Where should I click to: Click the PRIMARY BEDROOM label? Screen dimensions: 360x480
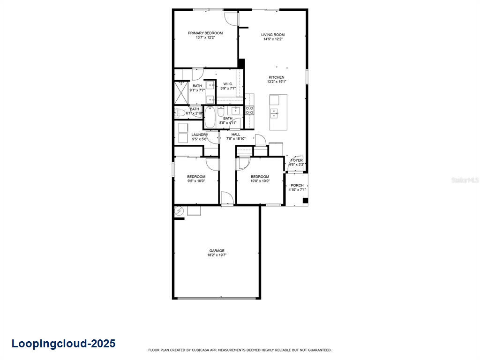(x=205, y=33)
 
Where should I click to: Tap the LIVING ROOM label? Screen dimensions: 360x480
(x=273, y=35)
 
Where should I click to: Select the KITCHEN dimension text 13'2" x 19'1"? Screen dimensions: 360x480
(x=277, y=82)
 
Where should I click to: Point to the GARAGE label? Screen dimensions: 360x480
(x=217, y=251)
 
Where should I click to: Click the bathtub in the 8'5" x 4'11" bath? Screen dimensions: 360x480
(x=210, y=117)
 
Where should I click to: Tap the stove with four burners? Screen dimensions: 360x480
(x=250, y=110)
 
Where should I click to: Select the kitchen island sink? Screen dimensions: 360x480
(x=274, y=112)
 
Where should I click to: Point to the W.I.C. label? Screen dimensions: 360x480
(x=228, y=84)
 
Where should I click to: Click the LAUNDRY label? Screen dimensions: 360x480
(x=200, y=135)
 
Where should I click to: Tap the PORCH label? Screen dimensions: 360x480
(x=297, y=185)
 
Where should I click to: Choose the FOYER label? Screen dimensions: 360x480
(x=297, y=160)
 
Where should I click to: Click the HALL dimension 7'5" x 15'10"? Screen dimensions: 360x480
(x=236, y=139)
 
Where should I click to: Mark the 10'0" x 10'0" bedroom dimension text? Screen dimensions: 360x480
(x=260, y=181)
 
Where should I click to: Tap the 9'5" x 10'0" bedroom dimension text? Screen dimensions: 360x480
(x=196, y=181)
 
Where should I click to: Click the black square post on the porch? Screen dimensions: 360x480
(x=305, y=201)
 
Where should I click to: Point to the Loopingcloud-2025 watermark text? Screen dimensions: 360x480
(x=63, y=344)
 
